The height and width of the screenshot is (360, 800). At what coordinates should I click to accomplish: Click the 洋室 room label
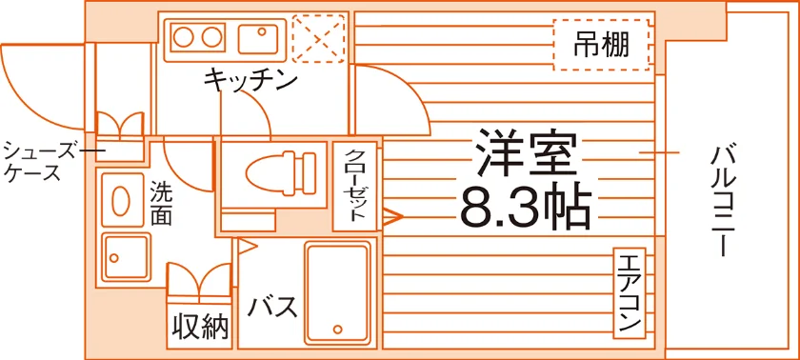pos(526,154)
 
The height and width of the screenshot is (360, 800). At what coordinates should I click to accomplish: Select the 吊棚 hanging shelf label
pos(602,45)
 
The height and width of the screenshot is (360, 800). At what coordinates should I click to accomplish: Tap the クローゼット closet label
pos(354,185)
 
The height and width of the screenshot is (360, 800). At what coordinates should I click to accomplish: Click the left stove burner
pos(183,38)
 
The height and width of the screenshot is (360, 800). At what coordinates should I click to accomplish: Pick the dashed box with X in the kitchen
pos(319,38)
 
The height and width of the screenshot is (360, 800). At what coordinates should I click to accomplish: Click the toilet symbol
pos(281,172)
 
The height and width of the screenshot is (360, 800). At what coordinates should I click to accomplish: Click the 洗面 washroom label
pos(161,204)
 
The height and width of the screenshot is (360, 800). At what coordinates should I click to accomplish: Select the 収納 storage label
pos(200,326)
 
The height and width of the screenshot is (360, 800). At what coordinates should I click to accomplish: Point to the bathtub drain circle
pos(337,329)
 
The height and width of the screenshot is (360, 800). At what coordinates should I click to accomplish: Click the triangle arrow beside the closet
pos(392,216)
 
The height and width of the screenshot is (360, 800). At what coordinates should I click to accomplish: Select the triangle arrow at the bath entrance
pos(247,247)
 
